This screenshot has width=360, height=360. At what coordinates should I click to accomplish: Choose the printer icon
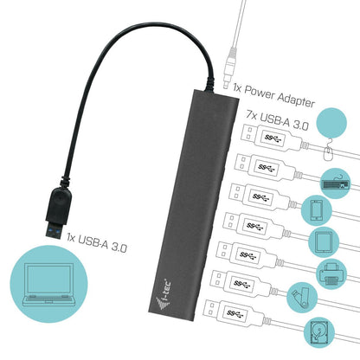pos(333,270)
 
